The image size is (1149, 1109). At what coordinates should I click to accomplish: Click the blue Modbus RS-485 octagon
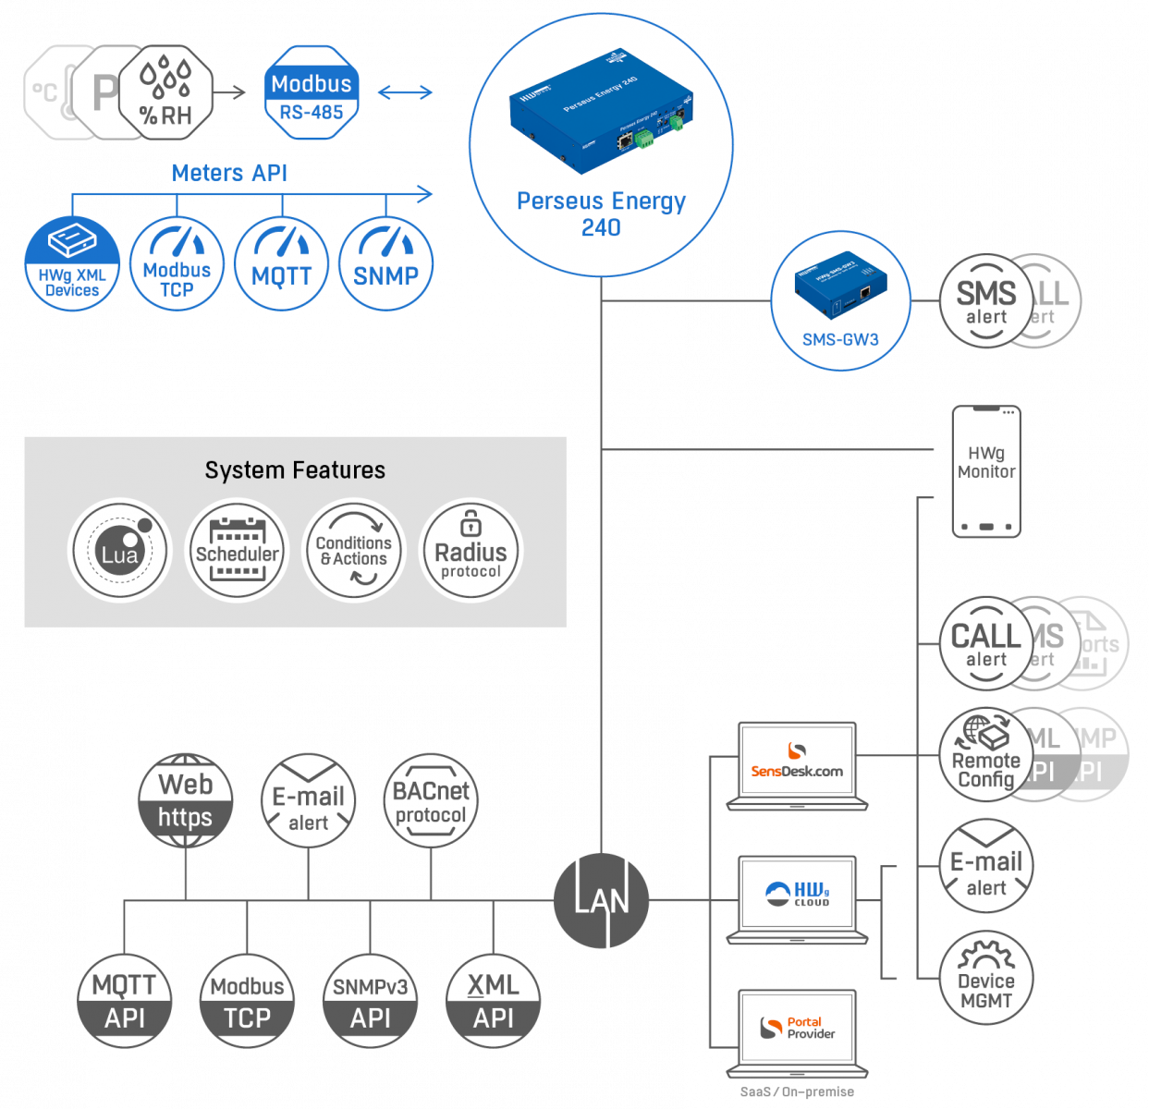(x=312, y=93)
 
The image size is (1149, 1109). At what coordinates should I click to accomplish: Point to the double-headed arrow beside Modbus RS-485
(x=405, y=92)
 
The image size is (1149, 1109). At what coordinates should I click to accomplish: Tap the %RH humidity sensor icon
(x=166, y=92)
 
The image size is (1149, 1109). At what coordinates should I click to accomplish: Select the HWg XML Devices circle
(x=72, y=263)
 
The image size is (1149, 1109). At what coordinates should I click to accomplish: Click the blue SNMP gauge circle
(x=385, y=263)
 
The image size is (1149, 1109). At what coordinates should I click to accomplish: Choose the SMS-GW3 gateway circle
(x=840, y=300)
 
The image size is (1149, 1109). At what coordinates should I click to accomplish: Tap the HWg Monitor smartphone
(x=986, y=470)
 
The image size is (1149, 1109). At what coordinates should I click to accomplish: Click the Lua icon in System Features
(x=120, y=551)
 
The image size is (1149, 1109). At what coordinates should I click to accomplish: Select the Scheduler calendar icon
(x=238, y=551)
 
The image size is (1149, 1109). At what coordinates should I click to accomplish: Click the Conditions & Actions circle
(x=354, y=551)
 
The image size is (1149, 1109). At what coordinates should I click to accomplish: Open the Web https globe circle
(x=185, y=800)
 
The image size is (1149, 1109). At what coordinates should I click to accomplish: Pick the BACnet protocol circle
(x=431, y=800)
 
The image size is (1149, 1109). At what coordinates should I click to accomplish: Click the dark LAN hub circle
(x=602, y=900)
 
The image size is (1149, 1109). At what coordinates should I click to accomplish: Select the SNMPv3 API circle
(x=370, y=1001)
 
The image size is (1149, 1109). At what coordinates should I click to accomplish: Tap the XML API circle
(x=493, y=1001)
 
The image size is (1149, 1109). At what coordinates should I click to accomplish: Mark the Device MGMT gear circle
(x=986, y=978)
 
